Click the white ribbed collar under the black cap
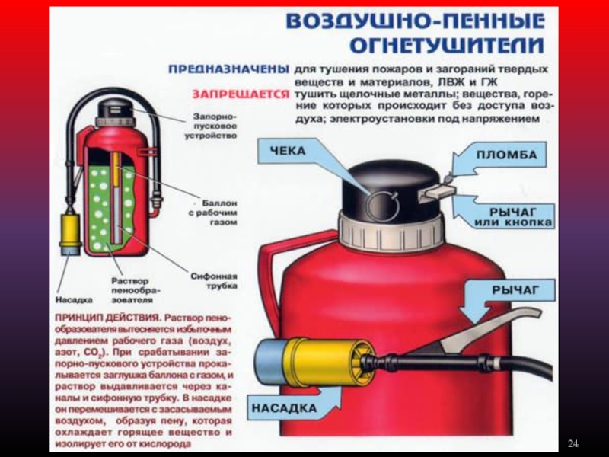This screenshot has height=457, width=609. coord(391,232)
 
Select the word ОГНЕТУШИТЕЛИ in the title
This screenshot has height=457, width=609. coord(447,45)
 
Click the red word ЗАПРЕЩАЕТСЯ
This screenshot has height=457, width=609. coord(241,94)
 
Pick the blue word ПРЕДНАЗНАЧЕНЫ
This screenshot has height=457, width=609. coord(229,69)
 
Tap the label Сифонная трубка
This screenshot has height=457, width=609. coord(214,281)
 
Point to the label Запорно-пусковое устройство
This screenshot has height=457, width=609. coord(211,126)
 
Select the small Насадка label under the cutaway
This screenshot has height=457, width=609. coord(74,300)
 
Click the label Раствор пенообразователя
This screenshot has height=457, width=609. coord(130,290)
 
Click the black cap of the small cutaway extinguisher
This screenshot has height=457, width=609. coord(116,108)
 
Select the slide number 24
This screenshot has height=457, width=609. coord(573,443)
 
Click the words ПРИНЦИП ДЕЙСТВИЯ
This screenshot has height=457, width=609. coord(107,318)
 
